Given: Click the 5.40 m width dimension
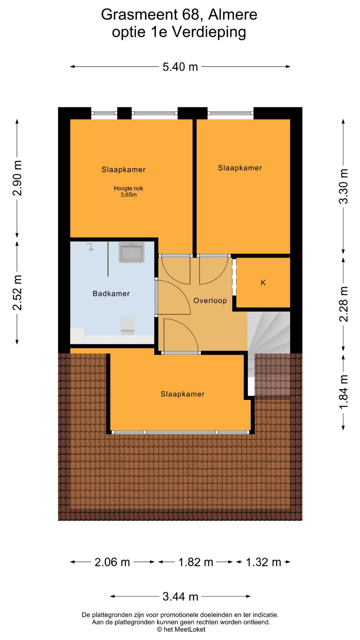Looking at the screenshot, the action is click(x=180, y=67).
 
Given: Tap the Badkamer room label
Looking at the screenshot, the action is click(x=111, y=294).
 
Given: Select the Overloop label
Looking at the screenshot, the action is click(x=210, y=301).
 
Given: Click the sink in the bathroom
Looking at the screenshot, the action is click(x=132, y=252).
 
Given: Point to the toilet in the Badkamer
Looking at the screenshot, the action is click(x=128, y=326).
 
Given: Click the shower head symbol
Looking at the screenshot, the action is click(x=90, y=246).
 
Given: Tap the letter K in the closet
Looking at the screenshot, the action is click(x=263, y=283).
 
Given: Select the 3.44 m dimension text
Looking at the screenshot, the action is click(x=180, y=596).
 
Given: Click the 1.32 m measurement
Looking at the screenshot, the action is click(x=263, y=562).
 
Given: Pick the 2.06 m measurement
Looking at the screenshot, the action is click(x=112, y=562).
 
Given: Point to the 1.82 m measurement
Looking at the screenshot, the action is click(x=196, y=562).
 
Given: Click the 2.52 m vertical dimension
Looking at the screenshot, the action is click(x=17, y=293).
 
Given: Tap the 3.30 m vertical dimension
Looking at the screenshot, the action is click(x=343, y=186).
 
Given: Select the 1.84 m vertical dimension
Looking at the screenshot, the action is click(x=343, y=392).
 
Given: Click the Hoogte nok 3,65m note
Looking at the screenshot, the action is click(x=129, y=192).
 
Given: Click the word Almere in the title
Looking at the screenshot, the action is click(x=233, y=15).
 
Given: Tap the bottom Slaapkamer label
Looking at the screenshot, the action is click(x=183, y=394).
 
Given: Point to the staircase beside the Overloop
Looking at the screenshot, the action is click(x=269, y=353).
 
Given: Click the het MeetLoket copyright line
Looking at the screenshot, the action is click(x=181, y=629).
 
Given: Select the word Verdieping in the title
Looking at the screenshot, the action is click(x=209, y=32).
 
